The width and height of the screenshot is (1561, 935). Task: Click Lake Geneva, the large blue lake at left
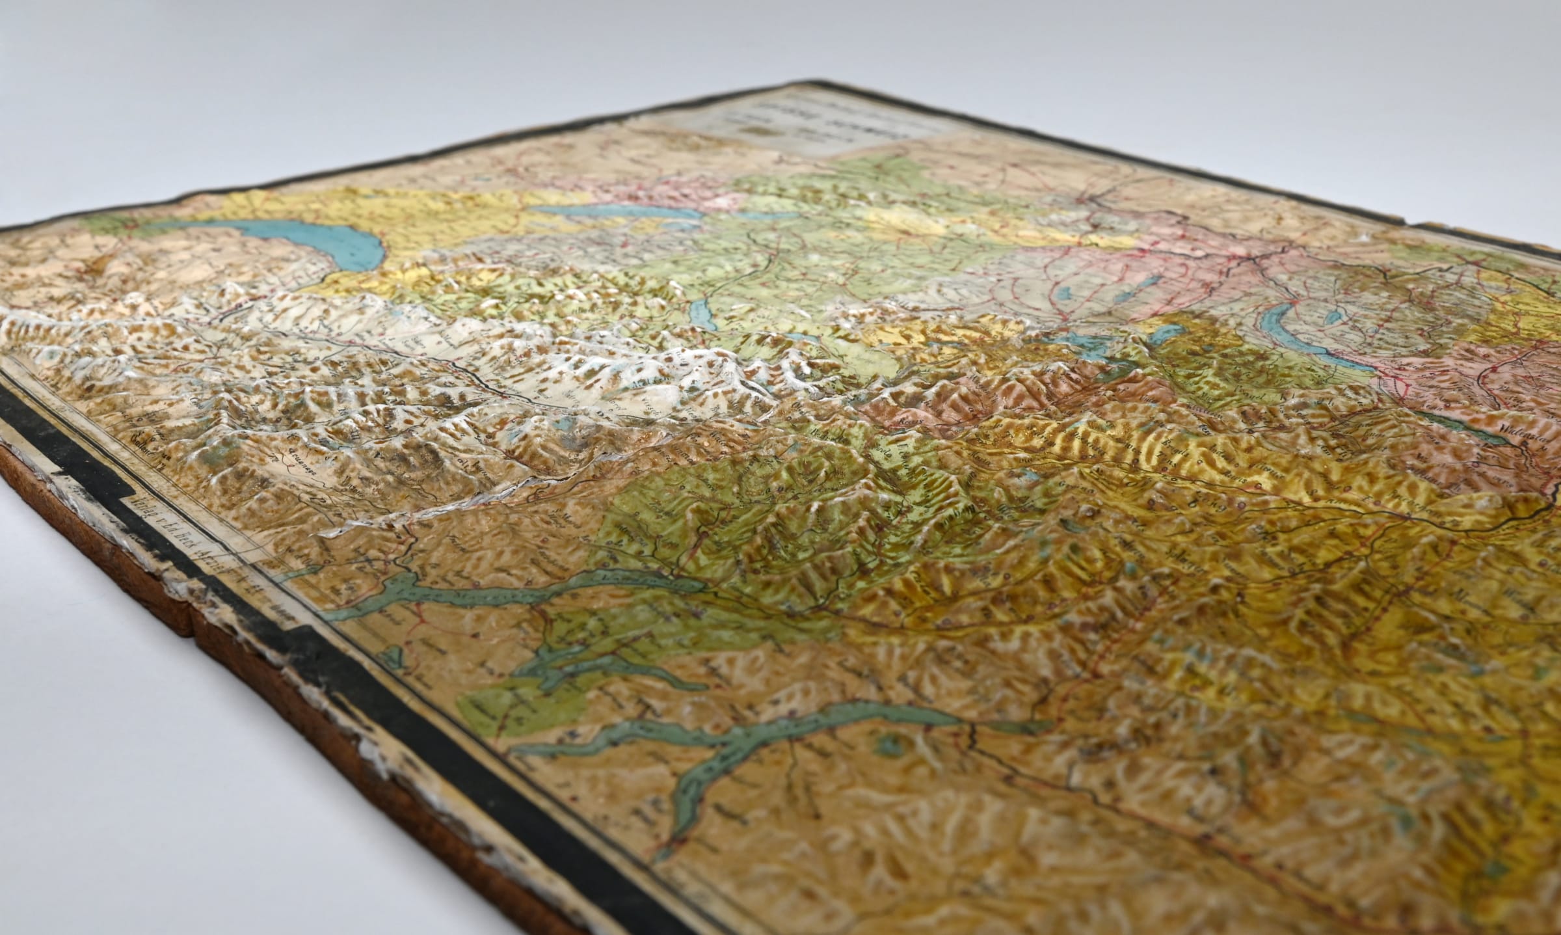306,244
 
